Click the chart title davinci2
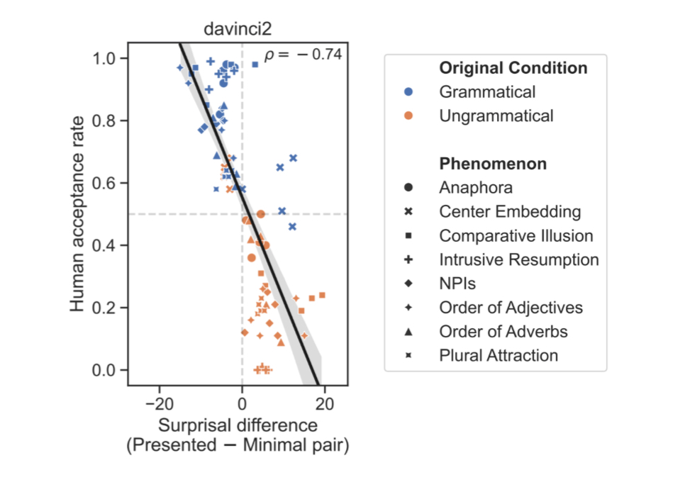(238, 30)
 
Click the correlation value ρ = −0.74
(303, 54)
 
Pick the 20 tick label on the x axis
(325, 404)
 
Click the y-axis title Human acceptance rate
(79, 214)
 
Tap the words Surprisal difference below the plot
(238, 426)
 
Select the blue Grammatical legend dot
(409, 92)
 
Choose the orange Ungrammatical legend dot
(409, 116)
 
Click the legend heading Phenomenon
(493, 164)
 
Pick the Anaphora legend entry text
(476, 188)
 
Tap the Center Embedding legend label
(510, 211)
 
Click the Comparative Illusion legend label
(516, 235)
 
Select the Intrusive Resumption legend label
(519, 259)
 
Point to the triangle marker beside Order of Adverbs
(409, 331)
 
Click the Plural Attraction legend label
(499, 355)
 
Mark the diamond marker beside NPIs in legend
(409, 284)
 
